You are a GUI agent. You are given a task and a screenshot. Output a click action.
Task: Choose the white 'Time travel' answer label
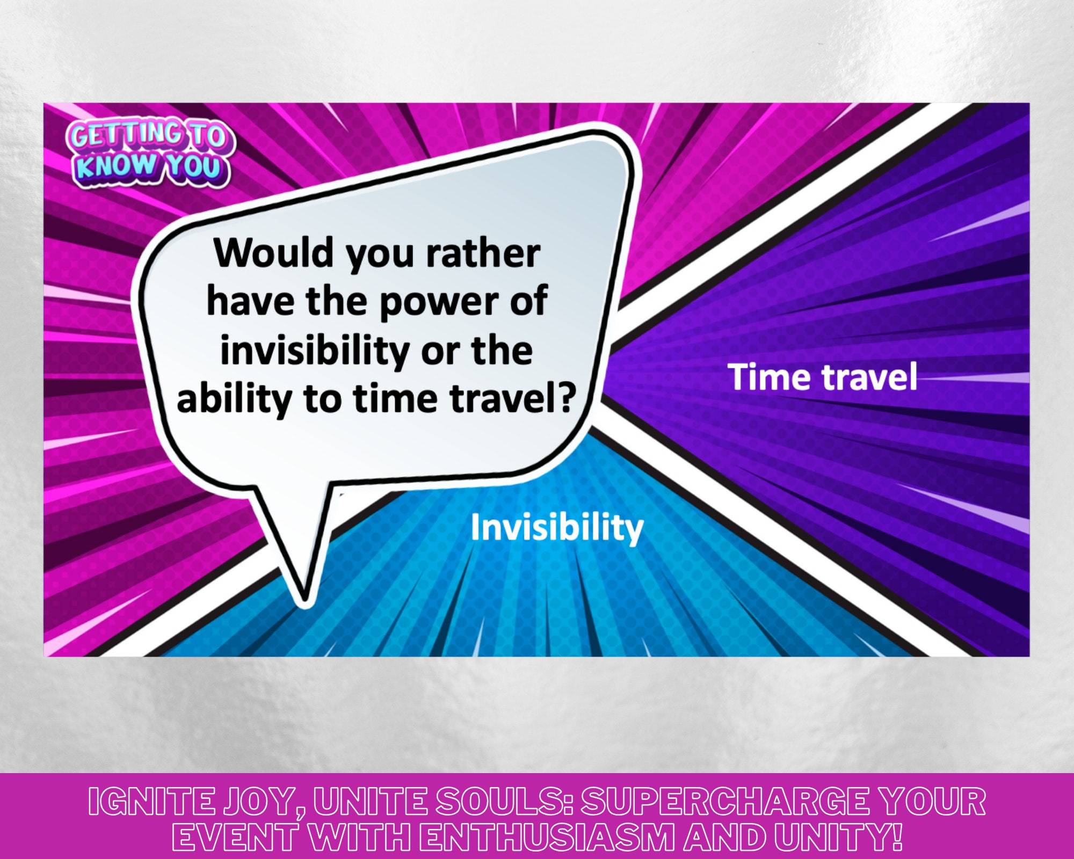pos(822,376)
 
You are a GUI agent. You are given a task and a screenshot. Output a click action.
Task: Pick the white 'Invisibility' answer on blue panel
pos(557,528)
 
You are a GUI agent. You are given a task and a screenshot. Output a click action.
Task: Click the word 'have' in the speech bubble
pos(250,302)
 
